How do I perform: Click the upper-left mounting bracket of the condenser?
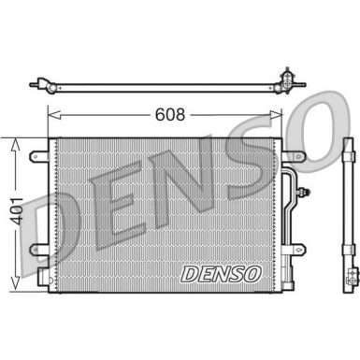pos(39,155)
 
